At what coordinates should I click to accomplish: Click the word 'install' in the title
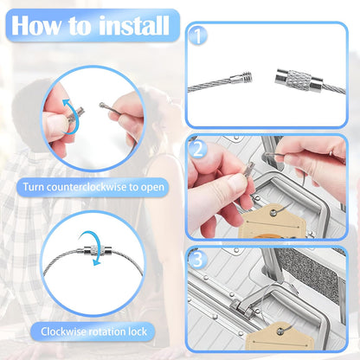pyautogui.click(x=134, y=26)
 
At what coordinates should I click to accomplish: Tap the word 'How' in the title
pyautogui.click(x=36, y=26)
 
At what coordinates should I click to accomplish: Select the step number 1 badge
pyautogui.click(x=198, y=36)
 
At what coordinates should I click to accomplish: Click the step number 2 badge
pyautogui.click(x=198, y=150)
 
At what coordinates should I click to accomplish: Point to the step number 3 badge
pyautogui.click(x=198, y=260)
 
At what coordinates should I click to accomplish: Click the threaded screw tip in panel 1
pyautogui.click(x=247, y=77)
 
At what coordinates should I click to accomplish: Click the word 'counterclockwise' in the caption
pyautogui.click(x=87, y=187)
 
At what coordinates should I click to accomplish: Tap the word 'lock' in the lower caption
pyautogui.click(x=138, y=331)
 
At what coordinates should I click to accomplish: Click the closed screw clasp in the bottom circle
pyautogui.click(x=93, y=250)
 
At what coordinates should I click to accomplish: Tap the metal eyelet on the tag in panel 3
pyautogui.click(x=280, y=331)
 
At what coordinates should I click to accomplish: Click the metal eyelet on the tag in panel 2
pyautogui.click(x=273, y=213)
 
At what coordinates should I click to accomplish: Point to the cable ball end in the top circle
pyautogui.click(x=102, y=105)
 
